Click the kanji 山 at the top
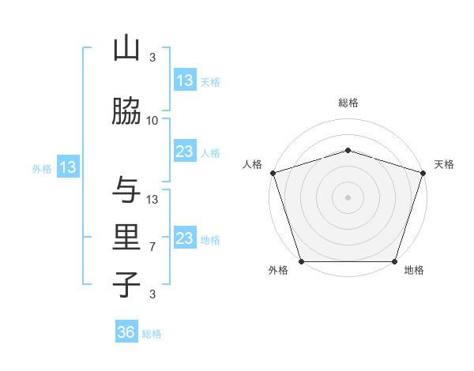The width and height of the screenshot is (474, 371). [126, 48]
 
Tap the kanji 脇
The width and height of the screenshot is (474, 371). [126, 113]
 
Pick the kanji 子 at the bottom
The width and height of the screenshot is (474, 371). [126, 284]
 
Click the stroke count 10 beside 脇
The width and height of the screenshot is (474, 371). [152, 120]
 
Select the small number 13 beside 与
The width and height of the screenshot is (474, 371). [152, 199]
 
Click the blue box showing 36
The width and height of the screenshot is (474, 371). [126, 332]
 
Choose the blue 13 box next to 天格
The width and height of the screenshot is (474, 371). [184, 80]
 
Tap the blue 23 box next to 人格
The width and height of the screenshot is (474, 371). [184, 152]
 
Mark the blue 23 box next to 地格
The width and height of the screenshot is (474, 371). [184, 238]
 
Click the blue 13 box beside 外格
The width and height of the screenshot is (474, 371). [68, 167]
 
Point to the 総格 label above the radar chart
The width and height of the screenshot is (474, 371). [348, 103]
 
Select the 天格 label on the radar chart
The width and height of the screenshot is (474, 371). [444, 164]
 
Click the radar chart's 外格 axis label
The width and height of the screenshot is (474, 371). [278, 270]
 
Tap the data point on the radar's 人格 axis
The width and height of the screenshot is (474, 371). [273, 173]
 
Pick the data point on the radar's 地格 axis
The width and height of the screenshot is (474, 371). [394, 261]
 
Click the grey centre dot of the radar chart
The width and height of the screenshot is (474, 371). [348, 197]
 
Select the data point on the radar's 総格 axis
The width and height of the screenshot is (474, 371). [348, 150]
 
